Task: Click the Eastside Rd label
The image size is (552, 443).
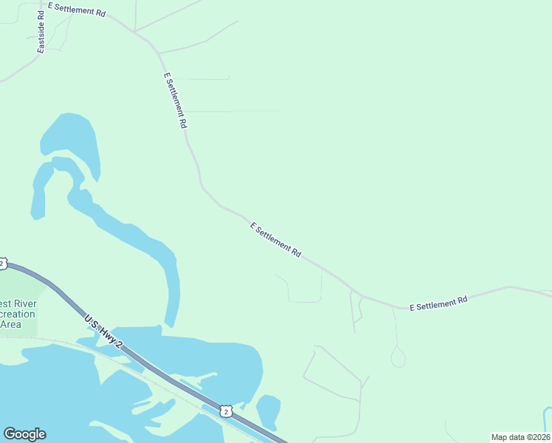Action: pyautogui.click(x=41, y=32)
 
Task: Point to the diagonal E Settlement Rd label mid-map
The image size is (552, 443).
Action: pyautogui.click(x=275, y=240)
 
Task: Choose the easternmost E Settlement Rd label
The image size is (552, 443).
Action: pyautogui.click(x=438, y=303)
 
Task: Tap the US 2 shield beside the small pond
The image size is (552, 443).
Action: pyautogui.click(x=227, y=409)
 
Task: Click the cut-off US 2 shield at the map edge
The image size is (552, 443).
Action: pyautogui.click(x=2, y=263)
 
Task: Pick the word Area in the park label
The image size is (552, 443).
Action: pyautogui.click(x=10, y=324)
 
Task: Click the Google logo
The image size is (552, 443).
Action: pyautogui.click(x=24, y=434)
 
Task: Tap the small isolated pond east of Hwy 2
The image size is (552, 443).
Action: pyautogui.click(x=268, y=411)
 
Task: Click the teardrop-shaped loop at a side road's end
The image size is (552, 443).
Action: pyautogui.click(x=398, y=357)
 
